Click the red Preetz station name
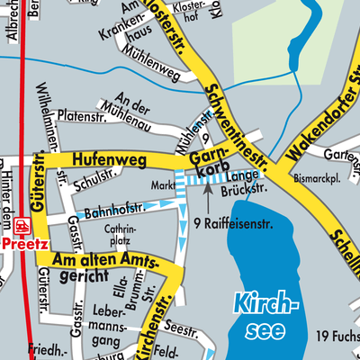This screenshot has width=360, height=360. (19, 242)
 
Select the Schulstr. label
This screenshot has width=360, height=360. (97, 178)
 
